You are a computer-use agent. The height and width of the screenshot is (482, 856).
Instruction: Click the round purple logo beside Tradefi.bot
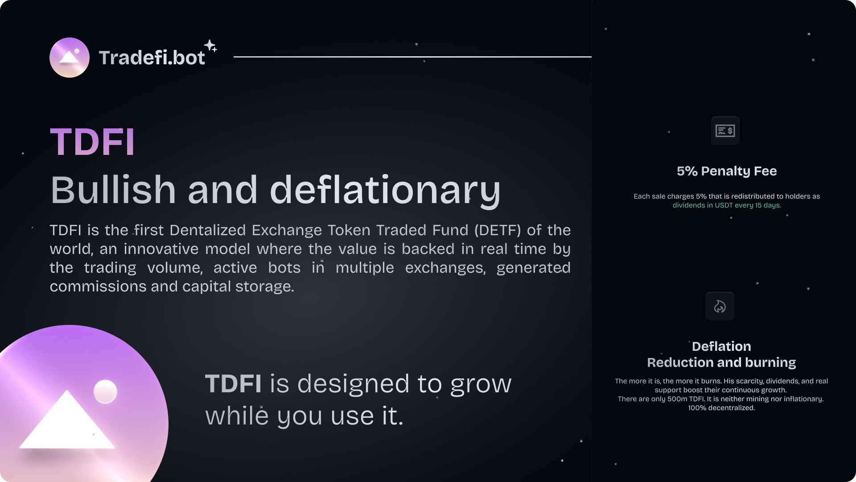point(70,58)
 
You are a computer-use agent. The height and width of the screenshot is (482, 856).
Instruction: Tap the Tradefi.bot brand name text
point(152,58)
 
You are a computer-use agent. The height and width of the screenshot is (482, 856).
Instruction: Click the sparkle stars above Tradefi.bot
point(211,46)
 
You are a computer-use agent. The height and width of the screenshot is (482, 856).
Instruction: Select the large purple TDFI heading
point(92,142)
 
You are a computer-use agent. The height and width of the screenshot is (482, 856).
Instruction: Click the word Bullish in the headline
point(113,190)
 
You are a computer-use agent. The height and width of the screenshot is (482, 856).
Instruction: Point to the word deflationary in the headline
point(385,191)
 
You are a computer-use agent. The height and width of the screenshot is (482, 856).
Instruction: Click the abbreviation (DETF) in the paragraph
point(498,230)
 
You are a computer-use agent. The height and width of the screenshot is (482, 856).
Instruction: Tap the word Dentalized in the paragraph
point(208,230)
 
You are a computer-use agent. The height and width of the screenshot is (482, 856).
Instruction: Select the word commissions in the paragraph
point(98,287)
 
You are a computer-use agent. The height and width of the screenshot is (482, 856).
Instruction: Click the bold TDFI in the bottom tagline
point(233,384)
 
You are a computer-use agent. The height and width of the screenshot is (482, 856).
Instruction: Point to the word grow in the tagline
point(481,385)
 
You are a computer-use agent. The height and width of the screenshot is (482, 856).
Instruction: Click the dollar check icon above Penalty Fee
point(725,131)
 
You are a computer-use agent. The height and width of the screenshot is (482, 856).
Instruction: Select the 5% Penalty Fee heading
point(727,171)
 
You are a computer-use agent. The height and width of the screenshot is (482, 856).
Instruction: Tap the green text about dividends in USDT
point(727,205)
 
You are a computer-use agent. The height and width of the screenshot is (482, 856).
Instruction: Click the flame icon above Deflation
point(720,306)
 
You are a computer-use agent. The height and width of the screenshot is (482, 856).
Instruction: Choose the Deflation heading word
point(721,346)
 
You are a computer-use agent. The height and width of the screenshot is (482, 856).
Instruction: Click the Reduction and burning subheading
point(721,362)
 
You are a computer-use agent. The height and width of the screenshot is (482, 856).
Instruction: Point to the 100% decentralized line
point(721,408)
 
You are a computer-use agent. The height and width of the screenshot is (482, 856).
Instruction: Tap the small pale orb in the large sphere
point(105,392)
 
